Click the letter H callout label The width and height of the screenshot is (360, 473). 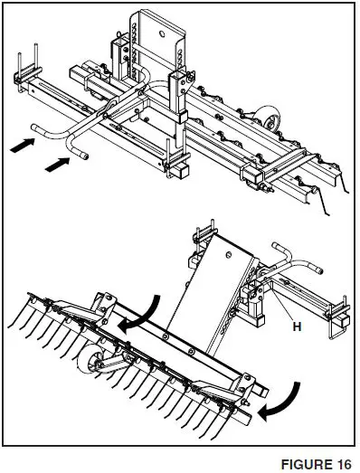[x=296, y=326]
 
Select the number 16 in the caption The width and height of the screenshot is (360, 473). [x=341, y=464]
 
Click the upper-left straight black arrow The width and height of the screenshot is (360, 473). [x=25, y=142]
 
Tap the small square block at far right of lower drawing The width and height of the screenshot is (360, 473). [x=342, y=322]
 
